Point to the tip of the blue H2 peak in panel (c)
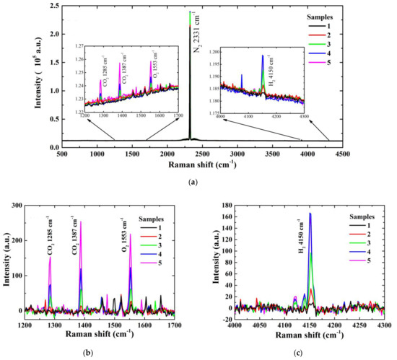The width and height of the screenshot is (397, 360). pos(310,213)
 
